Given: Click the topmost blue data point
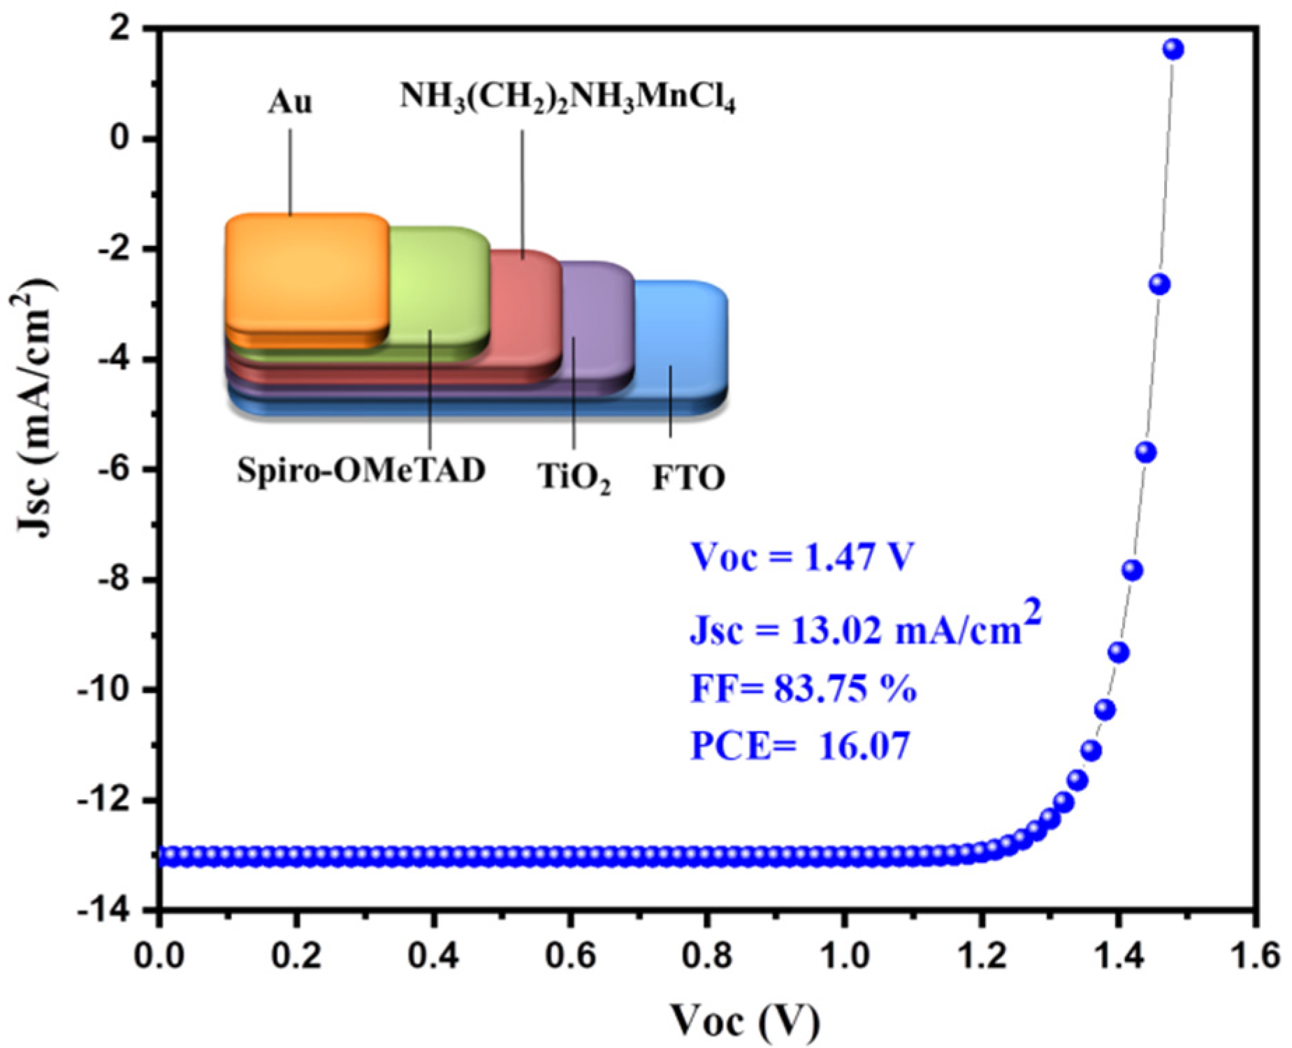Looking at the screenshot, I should tap(1173, 49).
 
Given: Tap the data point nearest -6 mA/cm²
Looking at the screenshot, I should tap(1146, 452).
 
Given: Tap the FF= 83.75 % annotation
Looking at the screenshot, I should tap(804, 690).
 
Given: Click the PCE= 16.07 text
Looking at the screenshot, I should tap(799, 746).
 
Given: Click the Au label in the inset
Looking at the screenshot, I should tap(290, 103).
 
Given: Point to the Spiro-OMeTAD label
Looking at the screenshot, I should tap(361, 471).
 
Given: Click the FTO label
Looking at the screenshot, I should tap(688, 479).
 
